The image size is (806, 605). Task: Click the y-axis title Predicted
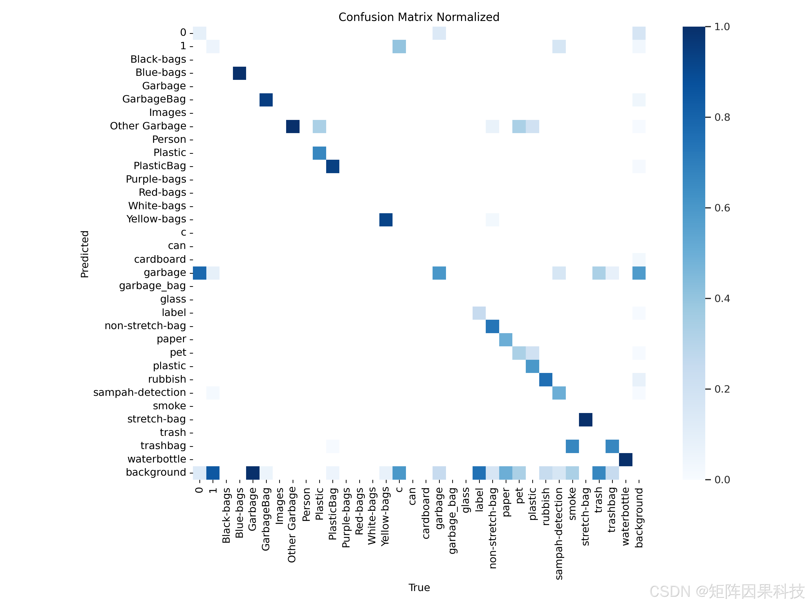pyautogui.click(x=85, y=254)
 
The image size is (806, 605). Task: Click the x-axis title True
pyautogui.click(x=419, y=587)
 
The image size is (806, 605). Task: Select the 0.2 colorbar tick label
pyautogui.click(x=722, y=389)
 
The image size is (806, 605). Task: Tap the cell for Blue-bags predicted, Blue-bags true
pyautogui.click(x=239, y=73)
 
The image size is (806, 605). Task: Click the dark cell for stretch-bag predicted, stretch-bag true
pyautogui.click(x=585, y=420)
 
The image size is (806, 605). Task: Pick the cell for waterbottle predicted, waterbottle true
pyautogui.click(x=626, y=460)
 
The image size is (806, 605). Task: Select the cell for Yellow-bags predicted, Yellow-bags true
pyautogui.click(x=386, y=219)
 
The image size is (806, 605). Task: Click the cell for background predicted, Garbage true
pyautogui.click(x=253, y=473)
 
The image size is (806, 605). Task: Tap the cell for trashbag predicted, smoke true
pyautogui.click(x=573, y=446)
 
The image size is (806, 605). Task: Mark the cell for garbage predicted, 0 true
pyautogui.click(x=200, y=273)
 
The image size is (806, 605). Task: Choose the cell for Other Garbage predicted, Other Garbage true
pyautogui.click(x=293, y=126)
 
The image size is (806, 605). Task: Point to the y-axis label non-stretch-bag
pyautogui.click(x=145, y=326)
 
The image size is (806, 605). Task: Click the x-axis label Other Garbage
pyautogui.click(x=292, y=525)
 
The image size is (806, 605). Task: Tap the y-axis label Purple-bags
pyautogui.click(x=156, y=179)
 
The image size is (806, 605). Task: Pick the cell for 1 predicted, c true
pyautogui.click(x=399, y=46)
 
